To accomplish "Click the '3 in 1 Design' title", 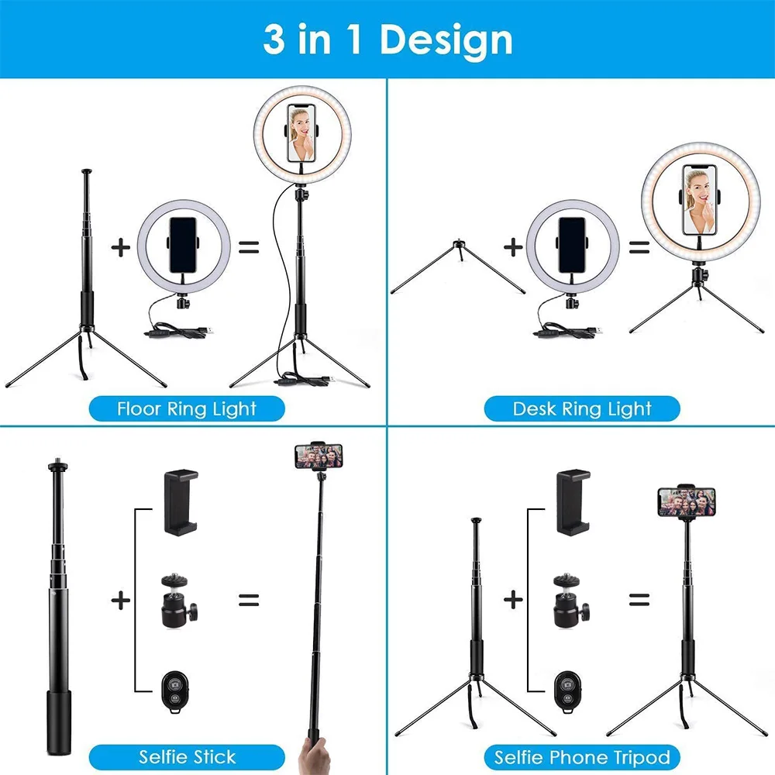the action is [x=387, y=40].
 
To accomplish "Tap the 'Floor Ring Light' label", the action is [x=186, y=408].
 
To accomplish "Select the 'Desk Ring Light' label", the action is [x=582, y=408].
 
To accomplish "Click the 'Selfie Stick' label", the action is [x=187, y=756].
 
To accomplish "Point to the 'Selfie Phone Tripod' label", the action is [x=582, y=756].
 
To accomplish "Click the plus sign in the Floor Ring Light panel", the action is [x=120, y=248].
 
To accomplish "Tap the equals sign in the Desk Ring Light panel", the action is [x=639, y=248].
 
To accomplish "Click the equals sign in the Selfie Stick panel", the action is [x=248, y=599].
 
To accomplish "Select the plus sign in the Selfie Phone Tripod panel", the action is [x=513, y=599].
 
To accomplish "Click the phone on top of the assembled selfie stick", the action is [x=319, y=456].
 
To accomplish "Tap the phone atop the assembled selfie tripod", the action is [x=687, y=501].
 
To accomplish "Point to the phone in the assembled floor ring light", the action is [x=304, y=133].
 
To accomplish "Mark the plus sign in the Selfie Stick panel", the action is [x=120, y=599].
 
